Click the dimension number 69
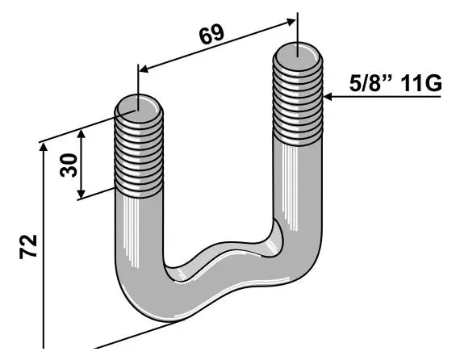pyautogui.click(x=211, y=35)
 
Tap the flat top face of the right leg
pyautogui.click(x=299, y=52)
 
